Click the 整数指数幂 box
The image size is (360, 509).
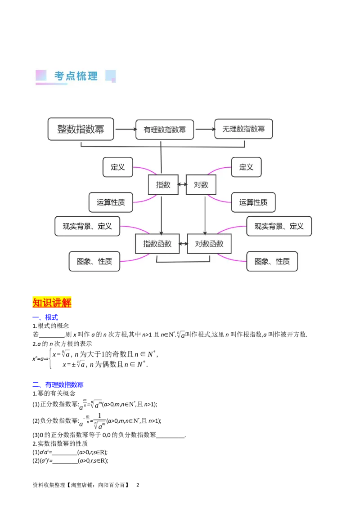(81, 129)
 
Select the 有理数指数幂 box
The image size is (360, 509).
(165, 129)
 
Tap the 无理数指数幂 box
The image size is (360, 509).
(243, 129)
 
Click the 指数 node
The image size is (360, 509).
(163, 185)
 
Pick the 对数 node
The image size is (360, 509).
(201, 185)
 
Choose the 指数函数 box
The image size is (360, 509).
(157, 244)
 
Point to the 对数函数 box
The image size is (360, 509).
(209, 244)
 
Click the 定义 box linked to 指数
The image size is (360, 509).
(117, 167)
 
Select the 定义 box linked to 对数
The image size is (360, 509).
(246, 167)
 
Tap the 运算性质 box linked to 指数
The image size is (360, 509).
(111, 202)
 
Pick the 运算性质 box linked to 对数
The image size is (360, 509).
(253, 202)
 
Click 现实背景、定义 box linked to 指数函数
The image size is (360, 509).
(87, 226)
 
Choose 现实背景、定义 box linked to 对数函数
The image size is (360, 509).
(279, 226)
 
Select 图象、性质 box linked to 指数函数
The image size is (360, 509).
(94, 261)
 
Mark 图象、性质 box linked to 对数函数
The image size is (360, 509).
(272, 261)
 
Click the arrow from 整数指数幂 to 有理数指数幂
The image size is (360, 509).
(125, 129)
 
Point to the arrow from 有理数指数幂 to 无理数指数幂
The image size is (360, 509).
(204, 129)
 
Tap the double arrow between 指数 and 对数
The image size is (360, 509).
(182, 185)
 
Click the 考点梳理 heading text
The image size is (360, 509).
(76, 76)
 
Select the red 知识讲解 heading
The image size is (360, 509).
(52, 303)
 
